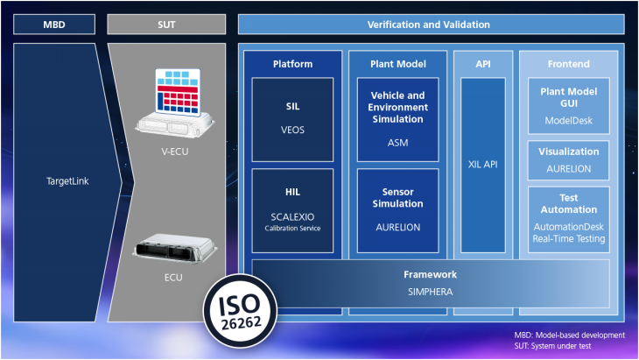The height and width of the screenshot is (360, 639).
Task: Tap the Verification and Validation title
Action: [x=429, y=24]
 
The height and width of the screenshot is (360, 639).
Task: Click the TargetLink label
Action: [x=67, y=181]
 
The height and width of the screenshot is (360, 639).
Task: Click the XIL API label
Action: [x=483, y=164]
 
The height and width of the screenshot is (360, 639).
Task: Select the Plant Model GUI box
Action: [x=568, y=104]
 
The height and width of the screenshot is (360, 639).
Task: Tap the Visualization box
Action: [x=568, y=158]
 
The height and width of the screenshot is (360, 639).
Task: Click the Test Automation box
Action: [x=568, y=217]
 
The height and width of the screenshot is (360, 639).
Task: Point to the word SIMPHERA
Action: [x=430, y=291]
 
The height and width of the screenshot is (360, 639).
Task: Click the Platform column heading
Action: [x=292, y=64]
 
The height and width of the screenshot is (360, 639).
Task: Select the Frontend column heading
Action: [x=568, y=64]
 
